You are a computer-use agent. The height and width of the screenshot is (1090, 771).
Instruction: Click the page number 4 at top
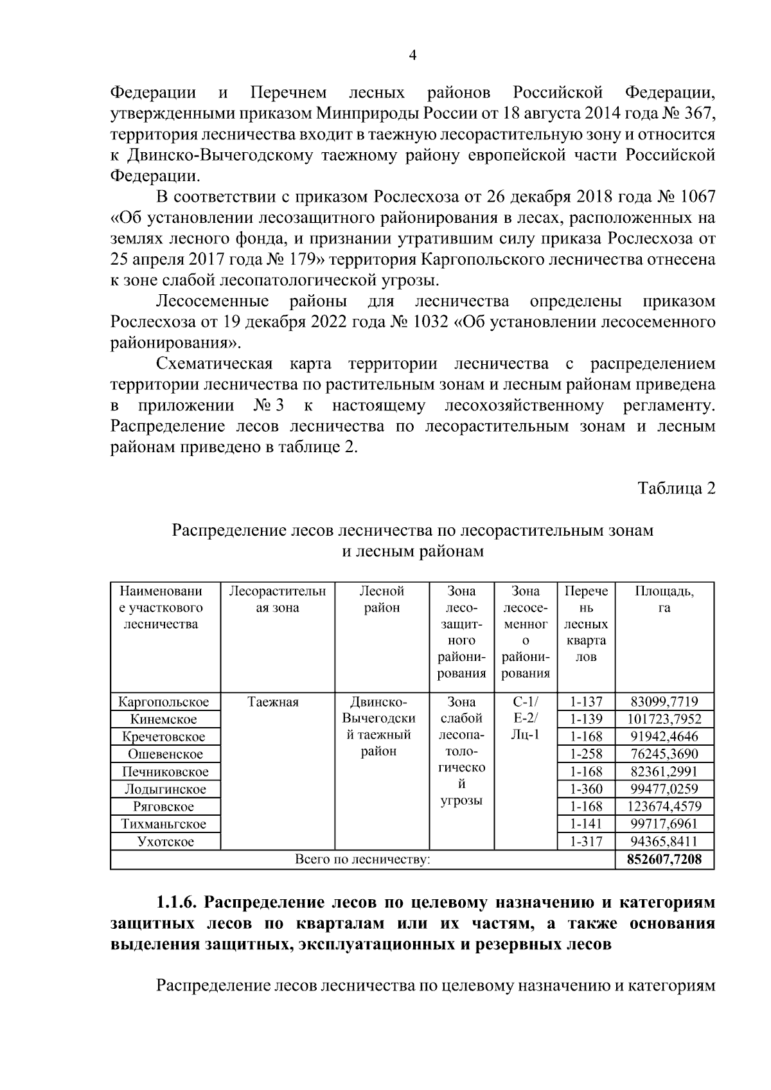(413, 56)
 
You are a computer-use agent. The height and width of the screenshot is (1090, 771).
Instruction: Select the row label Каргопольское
(165, 702)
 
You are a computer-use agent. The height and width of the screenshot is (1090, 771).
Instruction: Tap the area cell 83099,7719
(664, 702)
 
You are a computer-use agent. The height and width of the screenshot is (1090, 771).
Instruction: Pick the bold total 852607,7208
(664, 859)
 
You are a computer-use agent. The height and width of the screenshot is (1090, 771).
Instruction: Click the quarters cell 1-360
(585, 789)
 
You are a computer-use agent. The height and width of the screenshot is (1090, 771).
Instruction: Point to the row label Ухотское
(165, 842)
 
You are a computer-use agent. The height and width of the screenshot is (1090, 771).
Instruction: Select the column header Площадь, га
(664, 599)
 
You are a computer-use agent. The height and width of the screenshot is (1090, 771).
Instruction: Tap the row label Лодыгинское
(165, 789)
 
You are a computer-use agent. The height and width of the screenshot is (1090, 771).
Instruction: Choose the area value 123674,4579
(664, 807)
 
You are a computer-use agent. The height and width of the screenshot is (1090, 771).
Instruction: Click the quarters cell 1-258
(585, 754)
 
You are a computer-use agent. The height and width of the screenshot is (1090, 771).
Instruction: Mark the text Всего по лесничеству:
(362, 859)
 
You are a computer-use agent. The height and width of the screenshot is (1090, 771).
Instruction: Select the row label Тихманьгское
(165, 824)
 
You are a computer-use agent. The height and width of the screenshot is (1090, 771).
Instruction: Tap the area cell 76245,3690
(664, 754)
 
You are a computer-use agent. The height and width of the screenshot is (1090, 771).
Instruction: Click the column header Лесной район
(382, 599)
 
